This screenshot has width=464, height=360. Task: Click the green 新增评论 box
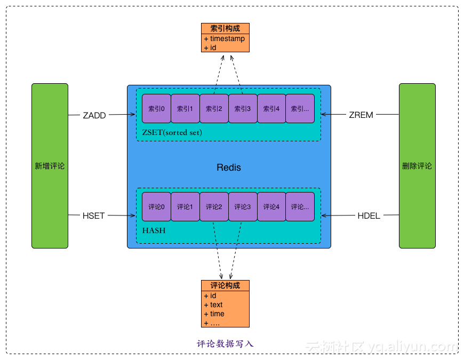[x=50, y=166]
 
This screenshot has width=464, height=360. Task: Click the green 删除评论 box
[x=417, y=166]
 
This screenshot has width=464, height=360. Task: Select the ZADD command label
[x=94, y=115]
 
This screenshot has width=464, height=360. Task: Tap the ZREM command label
[x=361, y=115]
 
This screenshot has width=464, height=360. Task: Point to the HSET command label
[x=94, y=215]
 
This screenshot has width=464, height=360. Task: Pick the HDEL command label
[x=369, y=215]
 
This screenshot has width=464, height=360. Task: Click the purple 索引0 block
[x=156, y=108]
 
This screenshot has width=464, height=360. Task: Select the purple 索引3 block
[x=243, y=108]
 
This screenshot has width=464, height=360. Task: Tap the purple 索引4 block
[x=271, y=108]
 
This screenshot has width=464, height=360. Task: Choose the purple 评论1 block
[x=185, y=206]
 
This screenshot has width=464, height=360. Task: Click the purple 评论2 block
[x=214, y=206]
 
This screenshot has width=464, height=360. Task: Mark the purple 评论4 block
[x=271, y=206]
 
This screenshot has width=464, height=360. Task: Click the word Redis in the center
[x=229, y=167]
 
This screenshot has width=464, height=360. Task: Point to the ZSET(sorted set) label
[x=172, y=132]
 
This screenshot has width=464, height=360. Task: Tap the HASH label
[x=154, y=230]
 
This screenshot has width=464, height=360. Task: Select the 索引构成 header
[x=225, y=28]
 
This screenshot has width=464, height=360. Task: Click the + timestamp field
[x=225, y=38]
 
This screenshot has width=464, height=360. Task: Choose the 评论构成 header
[x=225, y=285]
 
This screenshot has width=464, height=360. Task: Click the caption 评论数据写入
[x=225, y=343]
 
